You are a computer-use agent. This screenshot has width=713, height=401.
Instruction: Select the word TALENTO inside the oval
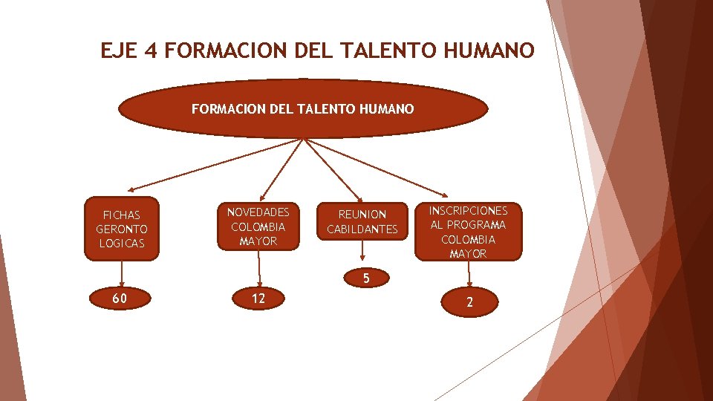[319, 109]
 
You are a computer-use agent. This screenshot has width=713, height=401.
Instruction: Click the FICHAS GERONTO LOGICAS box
[122, 229]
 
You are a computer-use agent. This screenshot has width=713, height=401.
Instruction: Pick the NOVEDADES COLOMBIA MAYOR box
[258, 226]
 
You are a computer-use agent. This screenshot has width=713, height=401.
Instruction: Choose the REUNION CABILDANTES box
[362, 221]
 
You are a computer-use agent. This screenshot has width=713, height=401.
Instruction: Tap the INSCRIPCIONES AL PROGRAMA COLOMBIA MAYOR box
[469, 232]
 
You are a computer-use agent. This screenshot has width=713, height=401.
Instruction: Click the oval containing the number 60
[120, 299]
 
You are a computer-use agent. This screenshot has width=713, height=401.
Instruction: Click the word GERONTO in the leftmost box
[122, 229]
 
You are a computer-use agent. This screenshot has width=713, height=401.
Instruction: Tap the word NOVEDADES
[258, 211]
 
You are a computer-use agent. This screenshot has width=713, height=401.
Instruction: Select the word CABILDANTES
[362, 229]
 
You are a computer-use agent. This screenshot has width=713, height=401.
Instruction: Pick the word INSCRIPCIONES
[469, 210]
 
